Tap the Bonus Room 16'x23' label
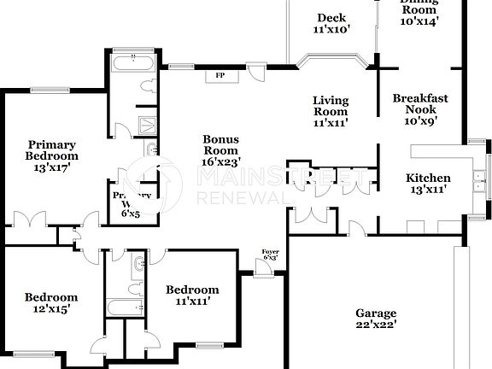click(x=220, y=149)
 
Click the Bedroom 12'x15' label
click(x=50, y=303)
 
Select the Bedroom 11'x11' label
click(x=192, y=296)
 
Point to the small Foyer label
click(x=270, y=254)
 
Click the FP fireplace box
click(x=220, y=76)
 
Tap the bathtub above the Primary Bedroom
click(x=135, y=62)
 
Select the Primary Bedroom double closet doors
click(x=30, y=217)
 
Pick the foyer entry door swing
click(x=265, y=269)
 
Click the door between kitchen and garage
click(x=357, y=228)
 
